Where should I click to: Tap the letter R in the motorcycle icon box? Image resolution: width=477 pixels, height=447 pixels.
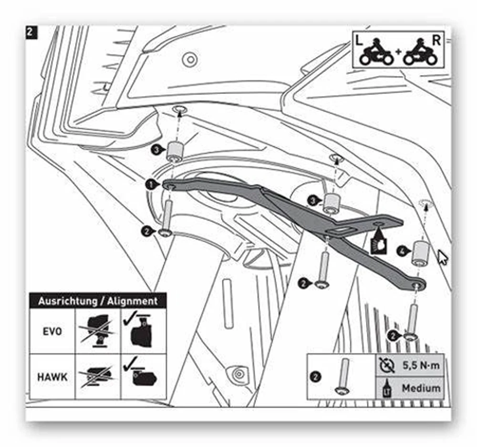[436, 41]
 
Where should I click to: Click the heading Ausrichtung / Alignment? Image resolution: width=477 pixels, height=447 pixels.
[98, 301]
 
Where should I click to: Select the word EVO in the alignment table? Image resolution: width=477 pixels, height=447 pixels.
[52, 331]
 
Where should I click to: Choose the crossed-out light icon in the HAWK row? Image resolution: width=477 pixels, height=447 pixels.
[98, 376]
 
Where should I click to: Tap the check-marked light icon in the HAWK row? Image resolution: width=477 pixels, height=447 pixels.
[143, 376]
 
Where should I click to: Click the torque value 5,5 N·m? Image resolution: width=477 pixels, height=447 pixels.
[420, 366]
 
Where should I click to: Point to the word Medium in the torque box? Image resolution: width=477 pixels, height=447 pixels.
[421, 388]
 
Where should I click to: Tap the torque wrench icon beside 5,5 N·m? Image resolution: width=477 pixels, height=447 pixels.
[388, 366]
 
